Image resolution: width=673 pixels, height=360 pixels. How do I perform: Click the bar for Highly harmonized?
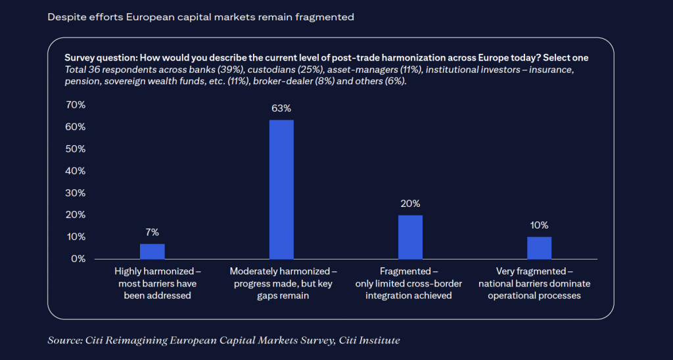coord(152,251)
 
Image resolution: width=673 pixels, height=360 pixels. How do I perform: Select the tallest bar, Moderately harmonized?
coord(281,189)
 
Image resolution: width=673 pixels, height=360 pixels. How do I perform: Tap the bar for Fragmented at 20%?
coord(410,236)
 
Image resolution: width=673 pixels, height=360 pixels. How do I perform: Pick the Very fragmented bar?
coord(539,248)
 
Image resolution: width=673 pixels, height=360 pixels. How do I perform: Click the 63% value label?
coord(281,108)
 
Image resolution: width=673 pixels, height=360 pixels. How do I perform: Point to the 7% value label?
coord(152,232)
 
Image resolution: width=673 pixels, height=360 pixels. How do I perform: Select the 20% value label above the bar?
coord(410,204)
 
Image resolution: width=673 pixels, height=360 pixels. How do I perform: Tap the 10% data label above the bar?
coord(539,225)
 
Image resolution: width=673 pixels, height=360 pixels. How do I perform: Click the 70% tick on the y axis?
coord(76,105)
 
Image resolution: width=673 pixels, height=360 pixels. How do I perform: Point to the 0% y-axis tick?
coord(78,259)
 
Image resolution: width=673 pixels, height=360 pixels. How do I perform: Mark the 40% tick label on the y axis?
coord(76,171)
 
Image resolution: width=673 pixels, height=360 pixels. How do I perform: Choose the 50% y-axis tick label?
coord(76,149)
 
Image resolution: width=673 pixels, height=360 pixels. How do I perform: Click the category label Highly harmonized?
coord(157,271)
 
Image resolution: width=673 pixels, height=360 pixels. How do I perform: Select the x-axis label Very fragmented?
coord(534,271)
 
